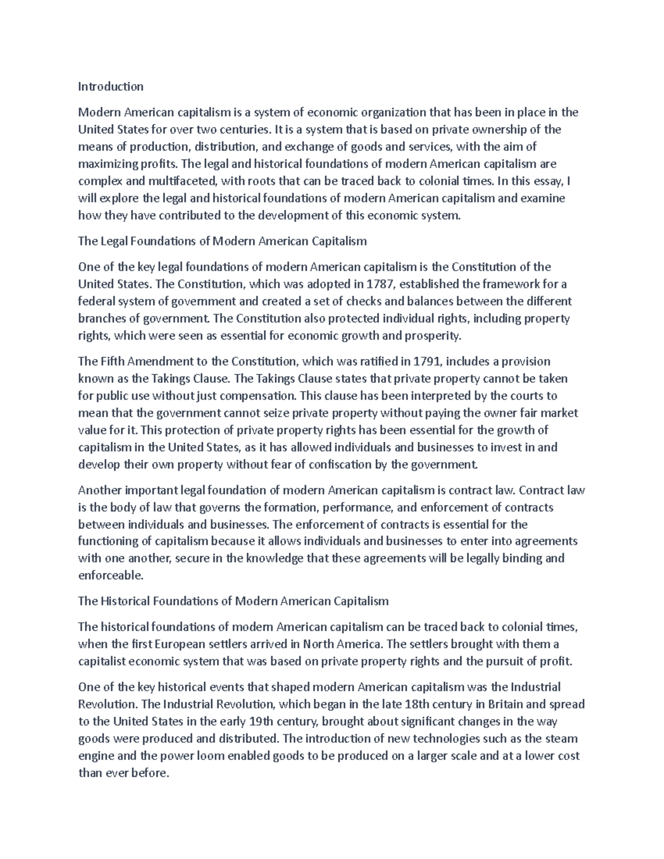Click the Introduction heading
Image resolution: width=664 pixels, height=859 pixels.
[x=111, y=86]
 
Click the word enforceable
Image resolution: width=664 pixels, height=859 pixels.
[x=111, y=575]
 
